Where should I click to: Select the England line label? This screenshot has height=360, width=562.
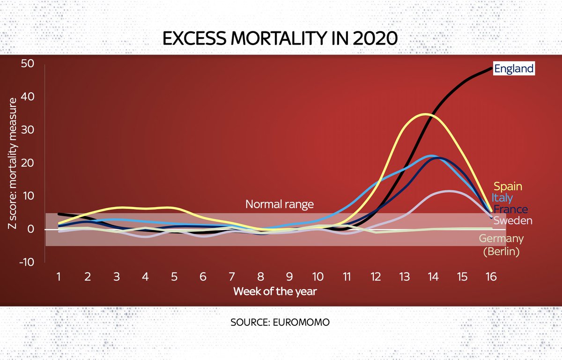tap(514, 69)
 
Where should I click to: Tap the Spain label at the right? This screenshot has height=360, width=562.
tap(508, 186)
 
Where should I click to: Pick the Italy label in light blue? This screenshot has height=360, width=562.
tap(502, 198)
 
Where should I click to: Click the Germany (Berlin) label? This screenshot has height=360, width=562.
tap(502, 245)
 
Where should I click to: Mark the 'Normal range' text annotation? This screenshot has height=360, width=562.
tap(280, 204)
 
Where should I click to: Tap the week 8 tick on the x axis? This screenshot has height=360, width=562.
tap(260, 277)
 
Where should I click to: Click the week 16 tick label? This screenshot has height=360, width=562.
tap(491, 277)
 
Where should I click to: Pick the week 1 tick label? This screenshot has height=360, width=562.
tap(59, 277)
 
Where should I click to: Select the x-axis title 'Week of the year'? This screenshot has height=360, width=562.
tap(275, 291)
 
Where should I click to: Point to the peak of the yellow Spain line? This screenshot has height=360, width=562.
tap(425, 114)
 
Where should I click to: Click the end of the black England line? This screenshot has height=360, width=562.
tap(492, 69)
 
